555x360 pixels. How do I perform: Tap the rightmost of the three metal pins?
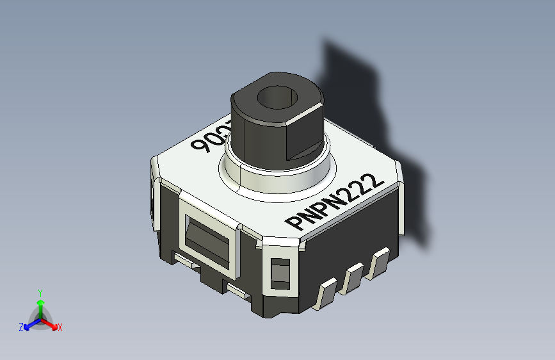[379, 263]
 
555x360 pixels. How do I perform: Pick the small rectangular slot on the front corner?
[280, 273]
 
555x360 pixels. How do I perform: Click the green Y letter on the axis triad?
[40, 292]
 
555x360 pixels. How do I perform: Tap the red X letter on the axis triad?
[60, 328]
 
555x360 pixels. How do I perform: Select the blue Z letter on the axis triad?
[21, 327]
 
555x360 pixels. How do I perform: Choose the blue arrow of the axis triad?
[29, 324]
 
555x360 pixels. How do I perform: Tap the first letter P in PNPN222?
[295, 224]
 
